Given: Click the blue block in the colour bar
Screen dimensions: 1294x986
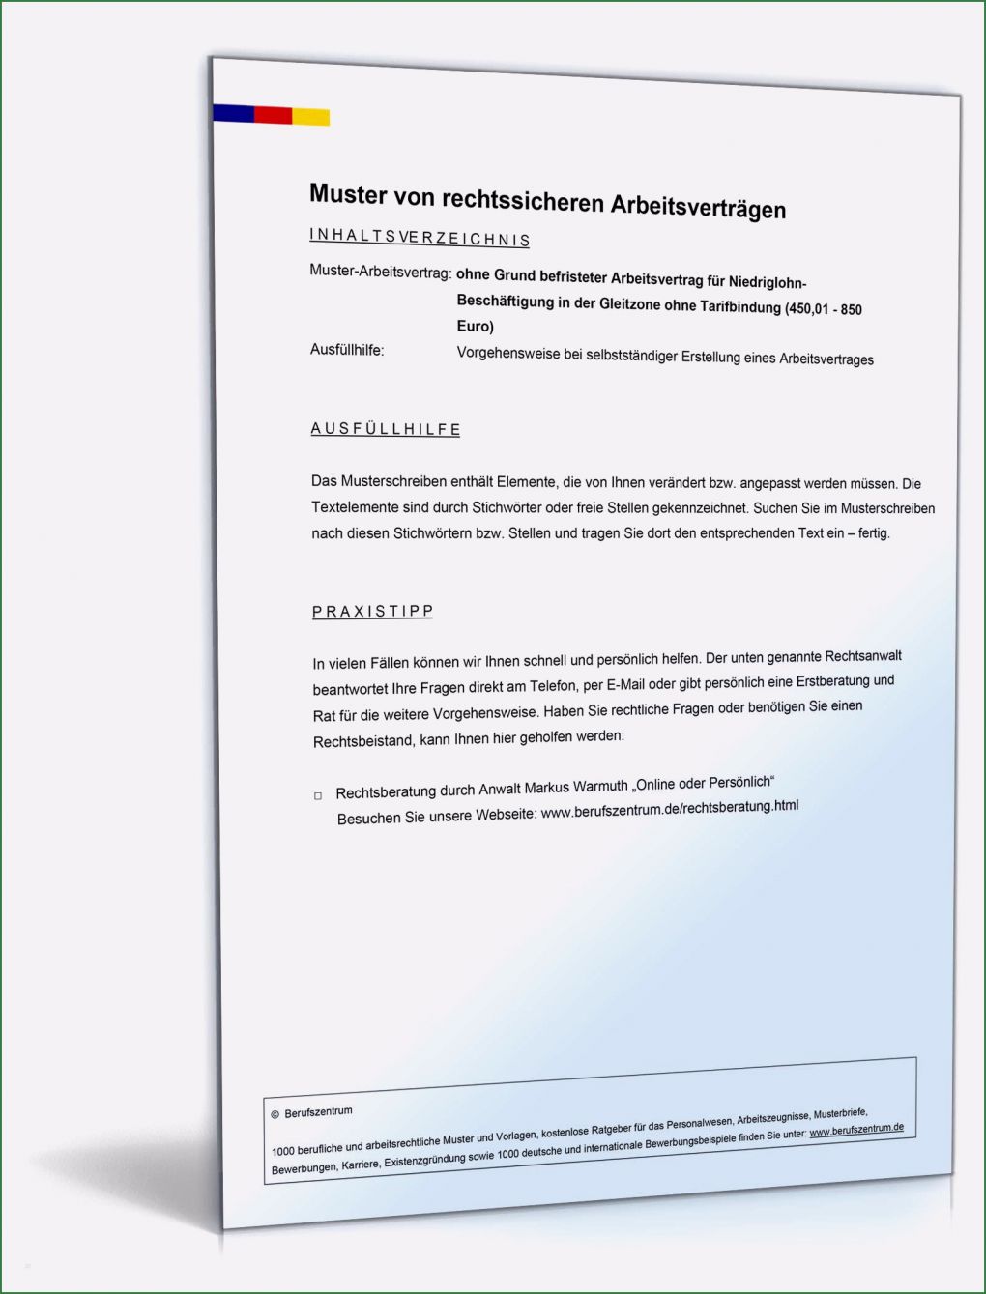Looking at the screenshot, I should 233,113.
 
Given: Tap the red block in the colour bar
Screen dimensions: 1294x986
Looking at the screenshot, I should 273,115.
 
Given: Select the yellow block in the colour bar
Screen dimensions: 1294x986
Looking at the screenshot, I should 310,117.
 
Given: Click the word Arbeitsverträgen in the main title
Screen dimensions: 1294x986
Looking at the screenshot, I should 698,207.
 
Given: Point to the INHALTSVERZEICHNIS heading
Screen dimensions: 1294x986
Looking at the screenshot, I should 420,237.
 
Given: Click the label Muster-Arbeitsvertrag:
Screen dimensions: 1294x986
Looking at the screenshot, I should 380,272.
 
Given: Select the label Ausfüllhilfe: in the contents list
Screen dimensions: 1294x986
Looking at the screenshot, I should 347,349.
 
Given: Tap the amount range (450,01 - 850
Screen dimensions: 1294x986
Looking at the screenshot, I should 823,309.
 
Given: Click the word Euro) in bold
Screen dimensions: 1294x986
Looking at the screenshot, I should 476,327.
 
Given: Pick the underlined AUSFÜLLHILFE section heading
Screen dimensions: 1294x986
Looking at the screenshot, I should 386,429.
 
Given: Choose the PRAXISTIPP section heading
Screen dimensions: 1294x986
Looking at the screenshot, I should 373,611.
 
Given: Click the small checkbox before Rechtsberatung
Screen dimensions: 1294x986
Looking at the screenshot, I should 318,796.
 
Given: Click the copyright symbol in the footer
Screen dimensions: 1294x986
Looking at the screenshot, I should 275,1114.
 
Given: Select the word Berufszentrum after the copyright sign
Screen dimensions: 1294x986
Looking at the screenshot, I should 319,1112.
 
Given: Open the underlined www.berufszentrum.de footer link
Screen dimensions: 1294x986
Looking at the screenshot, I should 856,1129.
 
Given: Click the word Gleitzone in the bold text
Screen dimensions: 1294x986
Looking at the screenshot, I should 630,304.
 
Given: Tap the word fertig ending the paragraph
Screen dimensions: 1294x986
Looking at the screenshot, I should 873,532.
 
